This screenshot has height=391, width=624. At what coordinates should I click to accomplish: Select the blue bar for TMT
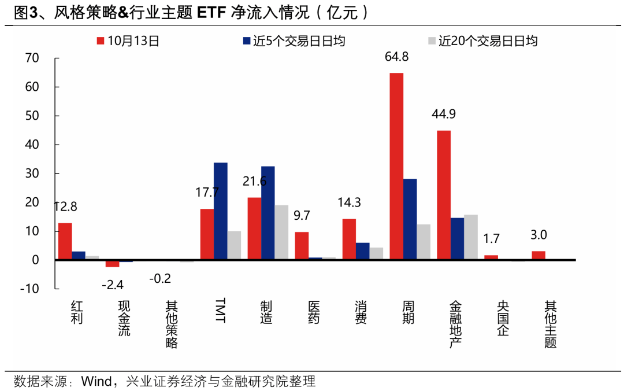220,211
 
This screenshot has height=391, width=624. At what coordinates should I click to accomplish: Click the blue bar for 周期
410,219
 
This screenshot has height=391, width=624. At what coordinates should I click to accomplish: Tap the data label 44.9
444,114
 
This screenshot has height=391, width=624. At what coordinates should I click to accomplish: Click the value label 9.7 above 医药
302,216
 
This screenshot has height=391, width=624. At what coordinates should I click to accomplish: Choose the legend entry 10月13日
128,40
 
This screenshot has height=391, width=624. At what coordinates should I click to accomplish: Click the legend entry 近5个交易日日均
294,40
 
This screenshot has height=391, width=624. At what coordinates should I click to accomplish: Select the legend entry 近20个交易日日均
482,40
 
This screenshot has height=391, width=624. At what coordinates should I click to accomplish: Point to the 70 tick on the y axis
32,58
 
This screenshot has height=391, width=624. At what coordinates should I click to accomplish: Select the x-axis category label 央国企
502,319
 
